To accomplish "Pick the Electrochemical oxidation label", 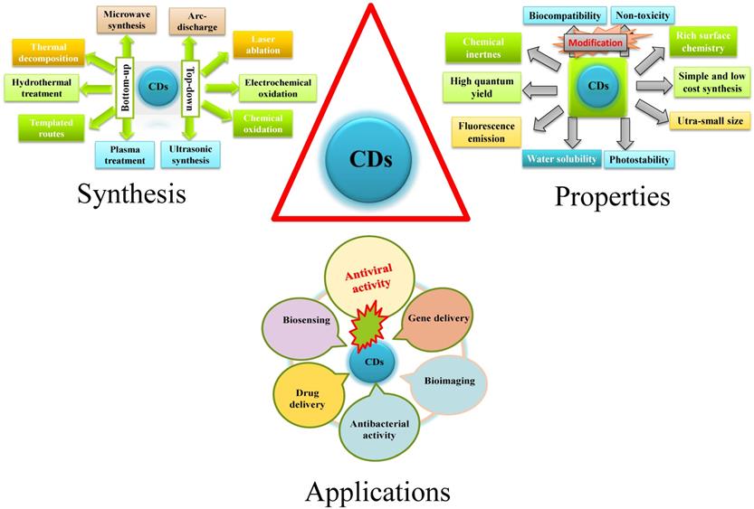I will point(277,89).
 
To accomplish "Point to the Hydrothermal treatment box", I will point(38,88).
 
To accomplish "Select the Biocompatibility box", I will point(562,15).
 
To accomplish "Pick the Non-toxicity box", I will point(642,15).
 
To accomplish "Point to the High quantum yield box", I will point(484,89).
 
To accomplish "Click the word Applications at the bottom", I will point(377,491).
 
